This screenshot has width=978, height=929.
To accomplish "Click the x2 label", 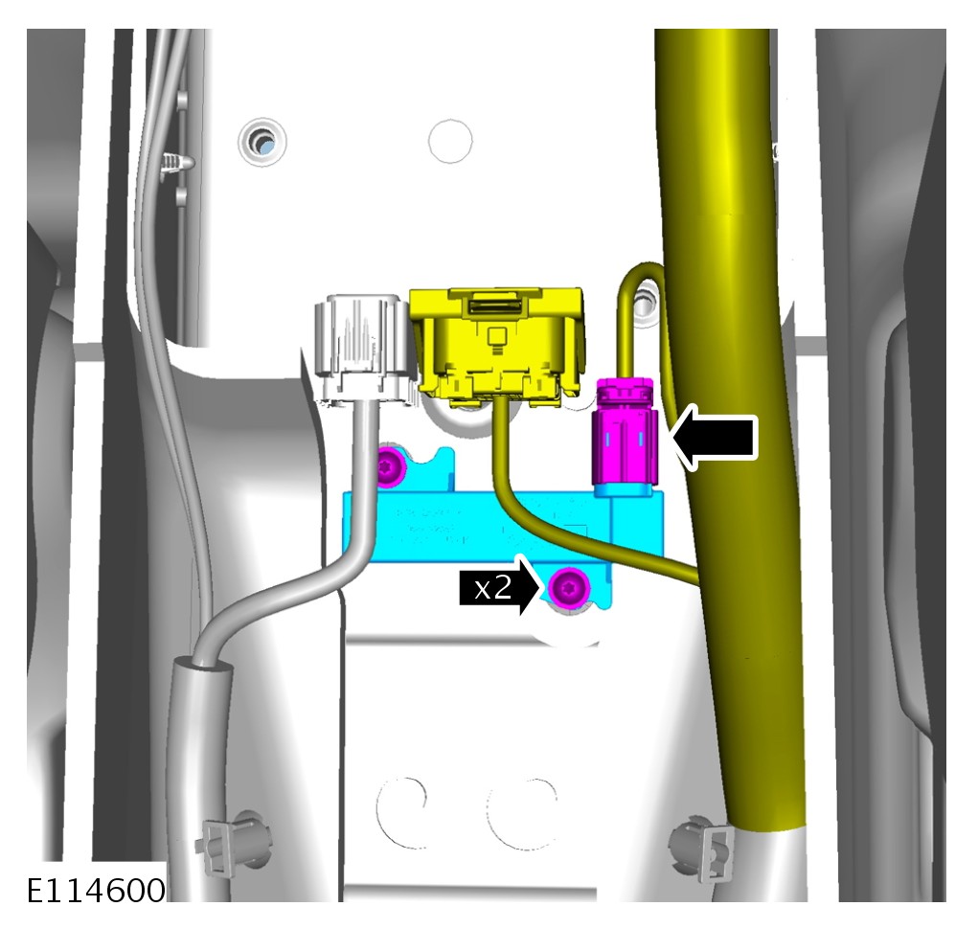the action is (x=492, y=588).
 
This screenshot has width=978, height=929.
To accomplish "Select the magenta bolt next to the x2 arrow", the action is (x=569, y=588).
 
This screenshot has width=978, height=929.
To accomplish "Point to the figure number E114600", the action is (x=97, y=890).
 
